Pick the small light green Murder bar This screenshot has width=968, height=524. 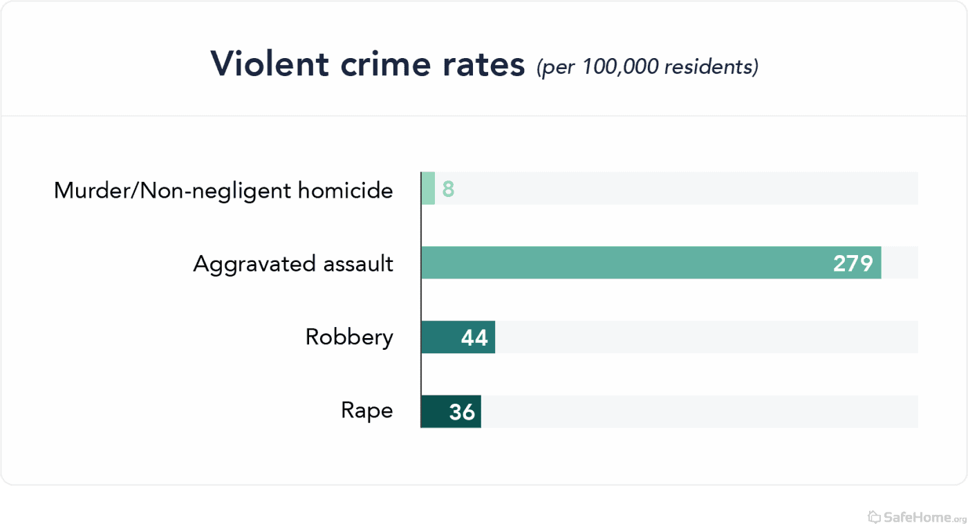pos(428,189)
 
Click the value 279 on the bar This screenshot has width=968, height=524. pos(853,263)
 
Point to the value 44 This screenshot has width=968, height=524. pos(474,338)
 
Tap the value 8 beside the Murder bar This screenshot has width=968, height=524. pos(448,189)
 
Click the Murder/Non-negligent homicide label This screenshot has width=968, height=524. pos(223,190)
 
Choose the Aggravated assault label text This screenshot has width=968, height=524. pos(293,264)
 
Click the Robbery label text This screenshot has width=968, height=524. pos(349,337)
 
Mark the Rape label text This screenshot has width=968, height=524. pos(366,411)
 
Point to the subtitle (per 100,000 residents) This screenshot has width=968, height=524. pos(647,67)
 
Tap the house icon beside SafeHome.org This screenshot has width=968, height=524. pos(874,516)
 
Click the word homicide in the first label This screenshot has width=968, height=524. pos(346,190)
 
